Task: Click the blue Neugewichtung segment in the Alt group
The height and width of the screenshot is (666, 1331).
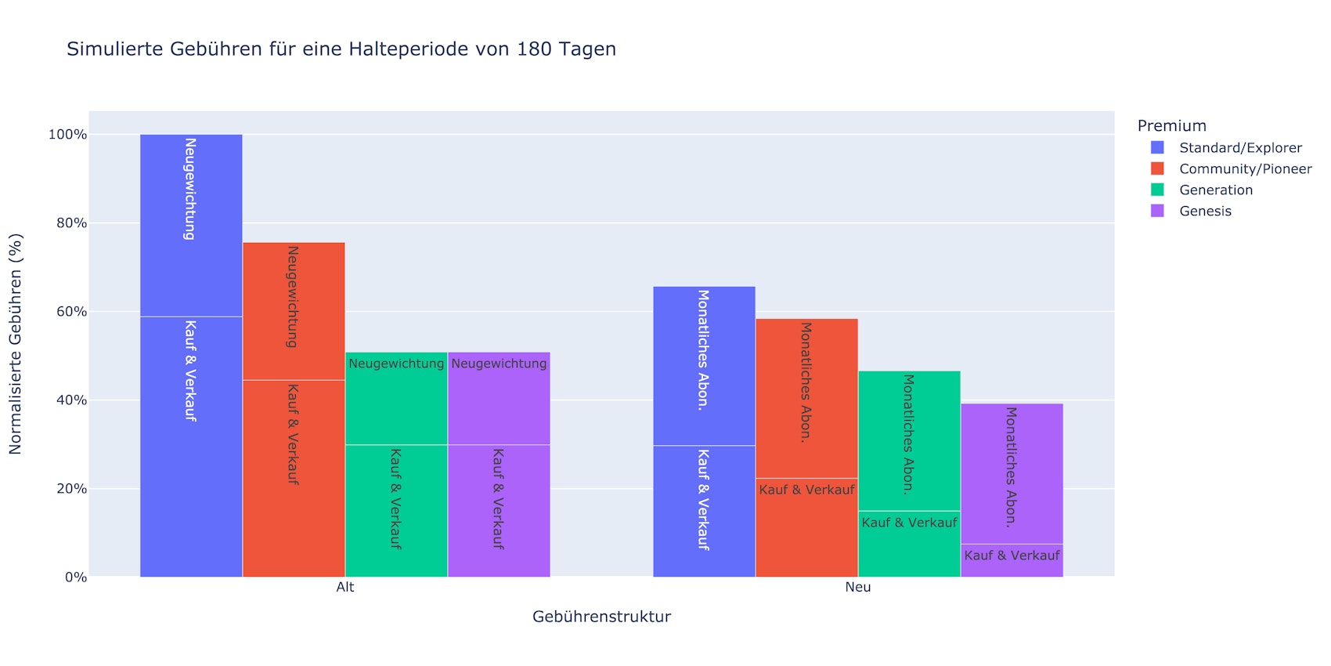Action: (191, 226)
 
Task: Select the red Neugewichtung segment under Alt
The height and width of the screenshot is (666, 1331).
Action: (294, 311)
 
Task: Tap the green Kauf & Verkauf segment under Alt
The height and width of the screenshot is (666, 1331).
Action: (396, 511)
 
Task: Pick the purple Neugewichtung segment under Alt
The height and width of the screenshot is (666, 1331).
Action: (499, 399)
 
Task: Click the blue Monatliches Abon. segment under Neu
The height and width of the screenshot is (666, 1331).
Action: (704, 366)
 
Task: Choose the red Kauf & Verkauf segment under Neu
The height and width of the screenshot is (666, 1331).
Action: (806, 527)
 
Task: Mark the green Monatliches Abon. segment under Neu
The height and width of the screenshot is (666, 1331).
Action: (909, 441)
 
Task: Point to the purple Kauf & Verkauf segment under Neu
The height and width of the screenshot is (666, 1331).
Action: (1012, 560)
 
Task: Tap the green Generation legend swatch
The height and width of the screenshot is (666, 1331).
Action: (1157, 190)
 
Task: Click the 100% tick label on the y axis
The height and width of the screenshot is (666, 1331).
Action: (67, 135)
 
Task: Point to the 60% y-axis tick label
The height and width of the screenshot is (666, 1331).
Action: (70, 312)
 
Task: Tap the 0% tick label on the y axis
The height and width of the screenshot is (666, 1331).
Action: (75, 577)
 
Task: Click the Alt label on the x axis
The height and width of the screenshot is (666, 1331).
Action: (345, 587)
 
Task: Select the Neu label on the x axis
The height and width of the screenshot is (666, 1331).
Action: (858, 587)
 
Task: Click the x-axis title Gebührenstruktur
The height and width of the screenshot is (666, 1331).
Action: (601, 617)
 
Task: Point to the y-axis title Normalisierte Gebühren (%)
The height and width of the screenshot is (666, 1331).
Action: (16, 344)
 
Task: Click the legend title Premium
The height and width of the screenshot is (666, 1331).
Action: (1171, 125)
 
